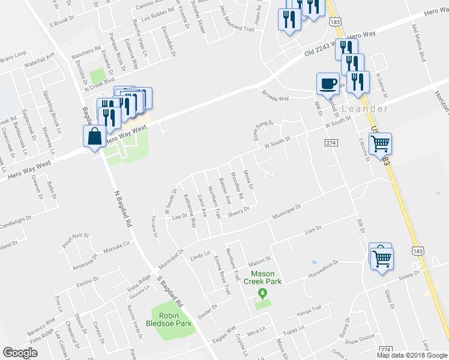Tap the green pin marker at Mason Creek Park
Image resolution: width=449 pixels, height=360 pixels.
pyautogui.click(x=262, y=293)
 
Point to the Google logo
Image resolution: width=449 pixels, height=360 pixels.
pyautogui.click(x=20, y=353)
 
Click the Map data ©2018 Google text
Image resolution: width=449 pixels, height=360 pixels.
pyautogui.click(x=412, y=355)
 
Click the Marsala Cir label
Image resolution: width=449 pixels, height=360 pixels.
pyautogui.click(x=116, y=246)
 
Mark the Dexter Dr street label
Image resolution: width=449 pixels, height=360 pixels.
pyautogui.click(x=207, y=313)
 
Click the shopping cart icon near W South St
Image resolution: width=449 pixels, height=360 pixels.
pyautogui.click(x=380, y=144)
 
